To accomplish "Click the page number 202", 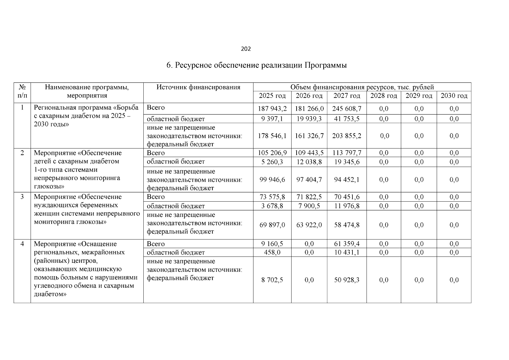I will pos(246,49).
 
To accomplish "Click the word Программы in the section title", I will pos(326,65).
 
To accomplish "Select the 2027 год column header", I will pos(347,96).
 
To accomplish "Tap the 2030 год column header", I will pos(454,96).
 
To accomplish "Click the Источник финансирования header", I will pos(198,87).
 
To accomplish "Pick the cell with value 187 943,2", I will pos(272,109).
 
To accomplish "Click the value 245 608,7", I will pos(347,109).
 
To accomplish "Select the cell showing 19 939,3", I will pos(309,119).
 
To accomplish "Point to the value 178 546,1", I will pos(272,136).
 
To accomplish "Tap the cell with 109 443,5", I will pos(309,153).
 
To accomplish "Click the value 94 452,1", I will pos(347,180).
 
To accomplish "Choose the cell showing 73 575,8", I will pos(272,197).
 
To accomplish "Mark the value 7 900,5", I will pos(309,206).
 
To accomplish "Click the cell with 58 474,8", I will pos(347,225).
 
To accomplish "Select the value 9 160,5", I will pos(272,244).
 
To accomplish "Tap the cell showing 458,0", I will pos(272,253).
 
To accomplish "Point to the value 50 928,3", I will pos(347,280).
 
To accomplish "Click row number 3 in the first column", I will pos(22,197).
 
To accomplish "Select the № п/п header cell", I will pos(22,91).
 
